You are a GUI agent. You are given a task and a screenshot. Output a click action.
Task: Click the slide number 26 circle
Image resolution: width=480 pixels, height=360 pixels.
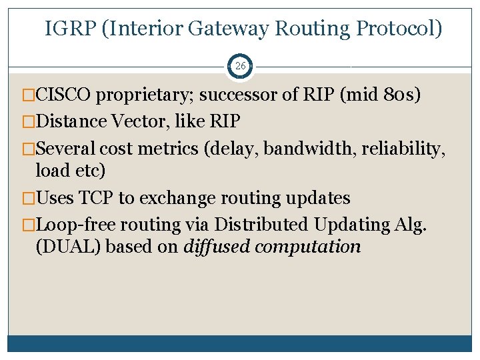click(240, 67)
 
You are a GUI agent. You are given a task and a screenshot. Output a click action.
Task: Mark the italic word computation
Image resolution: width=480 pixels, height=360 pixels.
click(308, 247)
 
